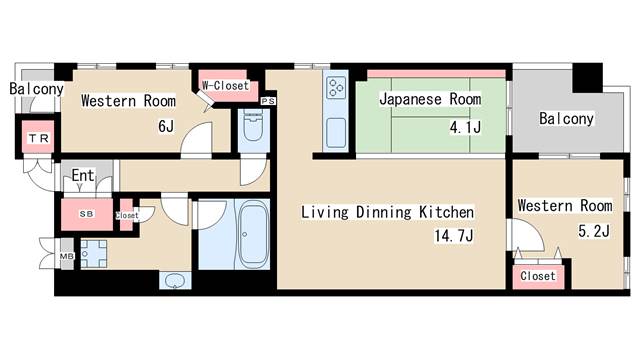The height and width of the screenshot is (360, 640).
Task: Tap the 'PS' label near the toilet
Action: pos(267,101)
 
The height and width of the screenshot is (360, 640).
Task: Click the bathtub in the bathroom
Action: pos(250,234)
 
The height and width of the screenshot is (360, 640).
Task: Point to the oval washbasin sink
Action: pos(176,279)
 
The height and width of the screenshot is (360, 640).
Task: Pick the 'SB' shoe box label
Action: pos(85,213)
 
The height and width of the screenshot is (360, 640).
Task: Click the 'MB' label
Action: pos(67,256)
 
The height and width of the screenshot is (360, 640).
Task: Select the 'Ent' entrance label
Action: pos(83,177)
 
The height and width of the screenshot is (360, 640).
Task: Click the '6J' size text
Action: pos(165,127)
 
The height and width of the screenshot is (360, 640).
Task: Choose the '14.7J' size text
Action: pos(453,237)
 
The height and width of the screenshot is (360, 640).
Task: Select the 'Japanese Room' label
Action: pos(430,100)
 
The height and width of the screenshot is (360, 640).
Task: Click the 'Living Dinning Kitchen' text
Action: pos(387,213)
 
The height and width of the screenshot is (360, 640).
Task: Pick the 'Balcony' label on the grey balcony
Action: pos(566,119)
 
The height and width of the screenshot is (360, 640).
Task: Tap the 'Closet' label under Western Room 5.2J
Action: pos(538,275)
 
